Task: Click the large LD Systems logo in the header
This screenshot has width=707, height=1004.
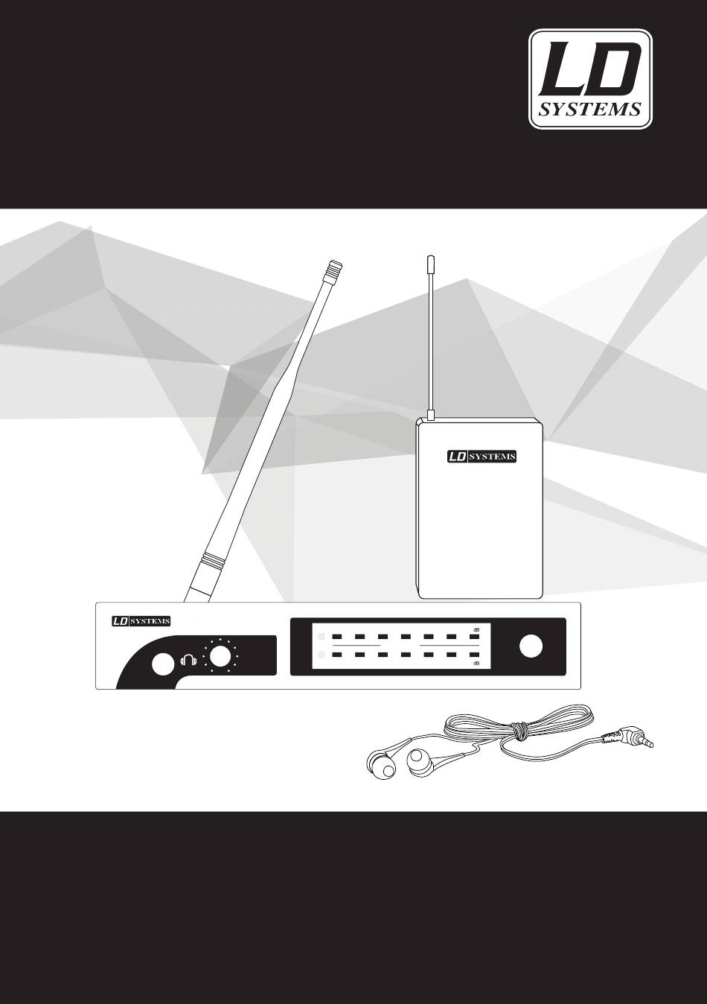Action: pos(591,80)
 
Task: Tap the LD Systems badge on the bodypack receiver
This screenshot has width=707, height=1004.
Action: pos(482,457)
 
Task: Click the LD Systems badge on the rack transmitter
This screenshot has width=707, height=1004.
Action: pos(141,621)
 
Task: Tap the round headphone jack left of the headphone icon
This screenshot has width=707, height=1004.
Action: pos(164,664)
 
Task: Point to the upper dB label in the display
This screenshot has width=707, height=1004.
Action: pos(476,630)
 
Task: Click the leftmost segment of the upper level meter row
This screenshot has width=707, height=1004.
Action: pos(338,637)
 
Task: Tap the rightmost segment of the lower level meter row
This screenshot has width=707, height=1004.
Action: pos(475,655)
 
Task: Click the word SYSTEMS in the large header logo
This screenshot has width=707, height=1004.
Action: pos(589,109)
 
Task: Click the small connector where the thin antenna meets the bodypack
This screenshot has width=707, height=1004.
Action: pos(430,415)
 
